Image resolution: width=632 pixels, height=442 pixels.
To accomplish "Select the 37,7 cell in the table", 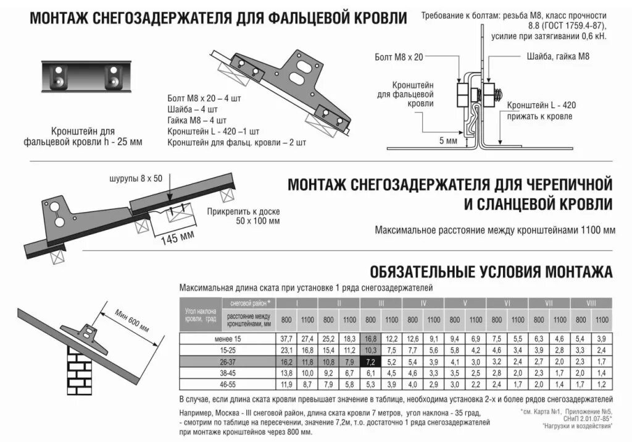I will point(286,338).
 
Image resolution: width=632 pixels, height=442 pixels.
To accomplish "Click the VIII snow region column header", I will point(591,303).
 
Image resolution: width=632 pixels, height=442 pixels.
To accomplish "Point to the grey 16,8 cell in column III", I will point(370,338).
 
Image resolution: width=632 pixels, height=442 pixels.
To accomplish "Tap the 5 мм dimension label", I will point(448,141).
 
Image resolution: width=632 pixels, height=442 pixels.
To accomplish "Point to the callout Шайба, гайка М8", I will point(559,56).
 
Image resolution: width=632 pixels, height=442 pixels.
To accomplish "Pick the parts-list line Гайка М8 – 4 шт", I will point(197,120).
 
